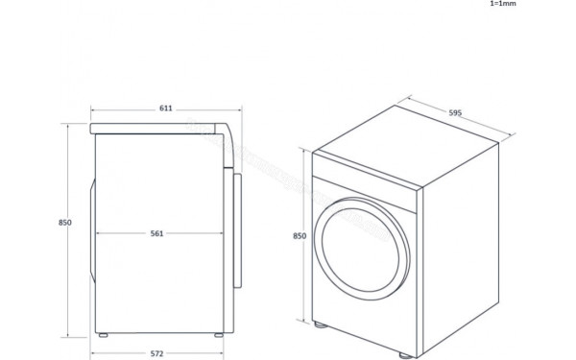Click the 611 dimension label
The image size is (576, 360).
(165, 108)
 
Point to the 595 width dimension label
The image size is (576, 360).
(455, 112)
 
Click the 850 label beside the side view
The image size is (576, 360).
(65, 222)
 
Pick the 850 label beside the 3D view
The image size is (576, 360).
(300, 235)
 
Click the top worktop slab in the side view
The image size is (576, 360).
(158, 128)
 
